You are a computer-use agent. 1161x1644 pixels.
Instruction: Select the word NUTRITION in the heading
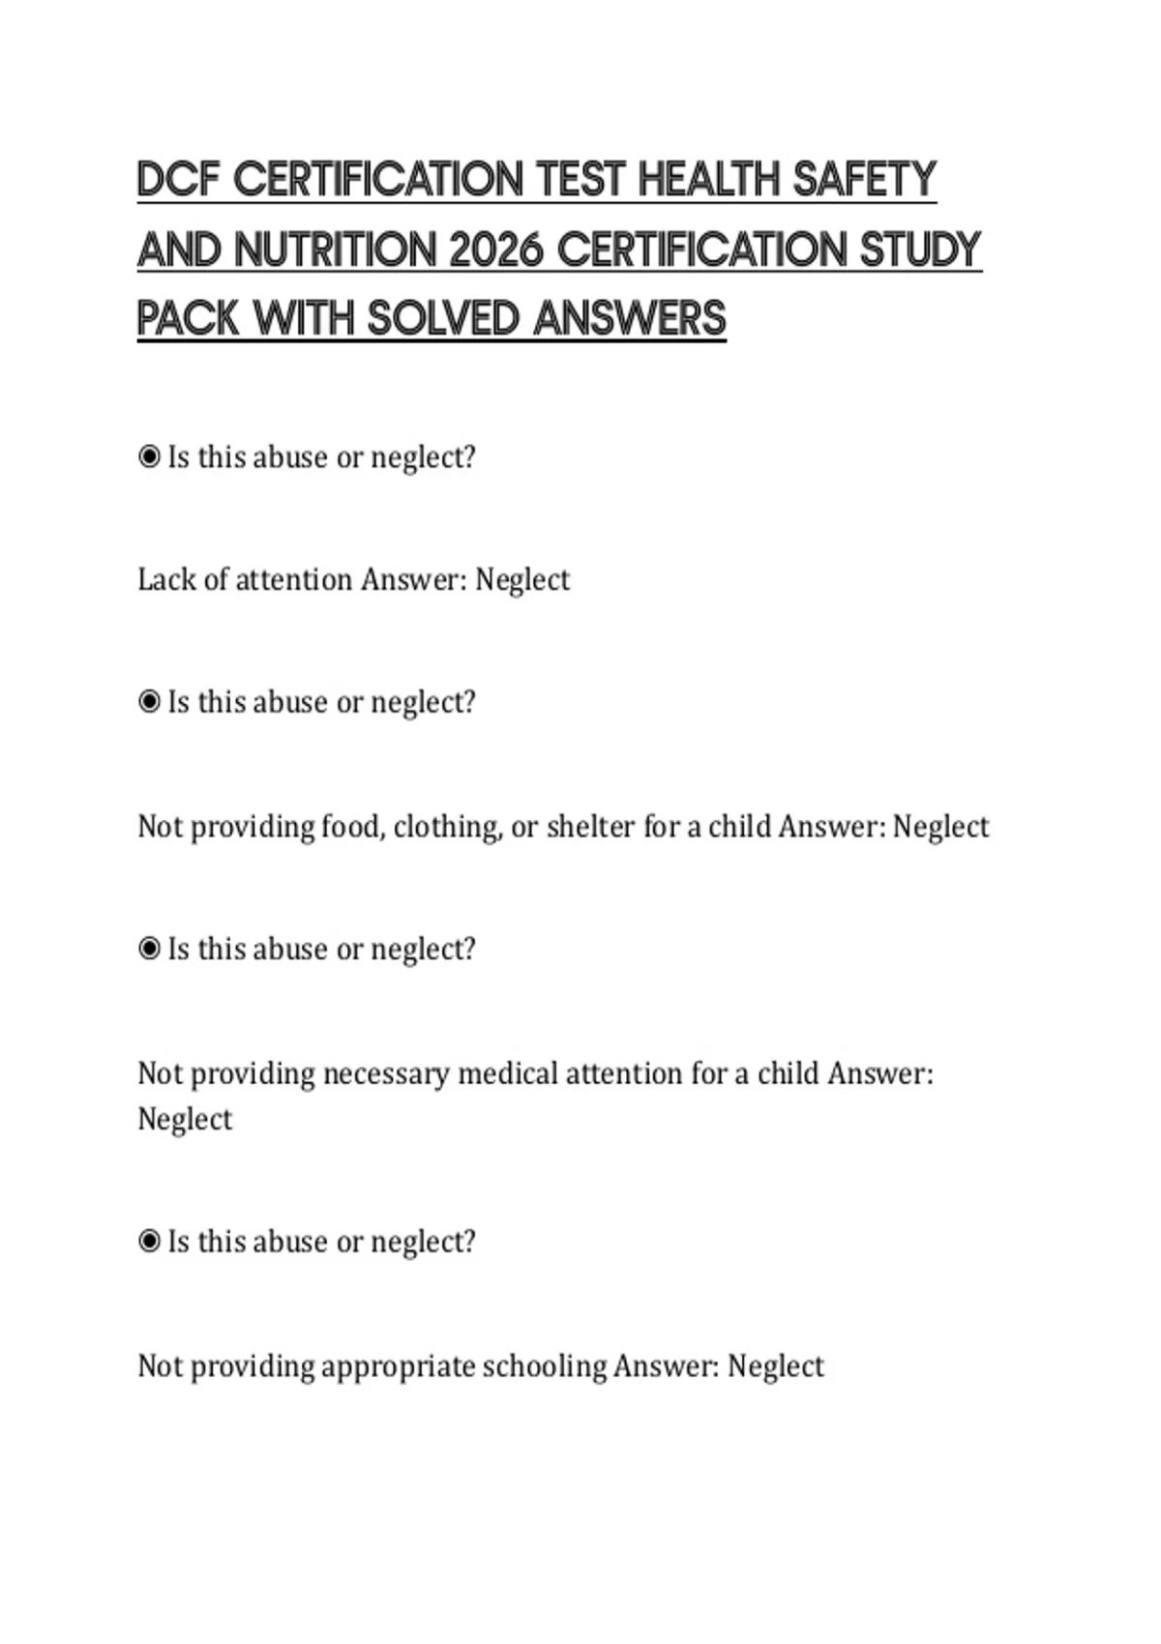coord(335,250)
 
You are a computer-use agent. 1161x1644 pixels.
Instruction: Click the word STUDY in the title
coord(921,250)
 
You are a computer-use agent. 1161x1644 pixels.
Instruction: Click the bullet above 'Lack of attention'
coord(149,456)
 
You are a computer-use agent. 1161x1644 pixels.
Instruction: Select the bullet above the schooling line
coord(149,1241)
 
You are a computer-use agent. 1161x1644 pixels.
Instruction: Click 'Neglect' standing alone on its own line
coord(185,1119)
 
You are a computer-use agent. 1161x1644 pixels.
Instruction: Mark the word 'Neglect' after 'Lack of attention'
coord(522,579)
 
